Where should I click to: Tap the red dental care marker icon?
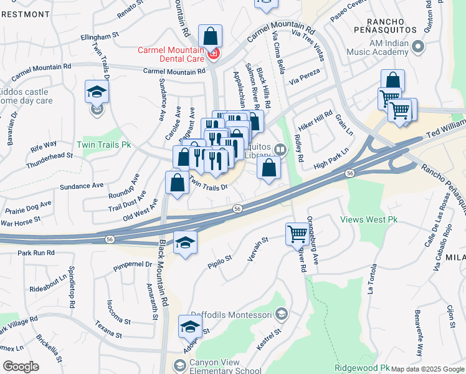[213, 54]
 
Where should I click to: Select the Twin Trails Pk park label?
[103, 144]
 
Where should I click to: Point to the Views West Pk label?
[368, 219]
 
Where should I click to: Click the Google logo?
[21, 367]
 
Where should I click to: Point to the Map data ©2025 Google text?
[427, 369]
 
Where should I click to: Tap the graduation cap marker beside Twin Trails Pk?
[97, 92]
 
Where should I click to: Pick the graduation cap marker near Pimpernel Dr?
[185, 242]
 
